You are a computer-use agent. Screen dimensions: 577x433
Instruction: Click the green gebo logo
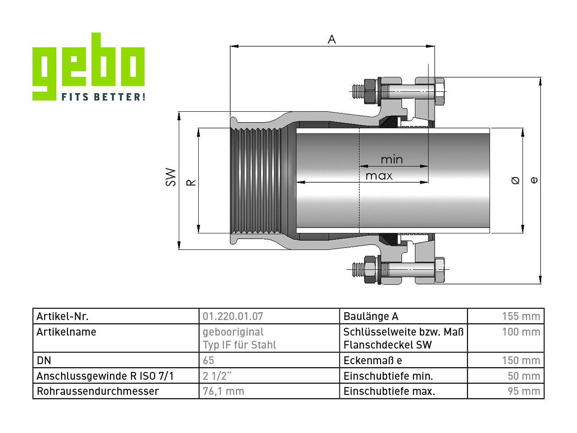click(88, 66)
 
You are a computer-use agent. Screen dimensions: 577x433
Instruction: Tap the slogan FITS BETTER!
click(103, 97)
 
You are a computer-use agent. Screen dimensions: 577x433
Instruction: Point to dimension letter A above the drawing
click(332, 39)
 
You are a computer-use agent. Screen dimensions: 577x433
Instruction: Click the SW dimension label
click(171, 177)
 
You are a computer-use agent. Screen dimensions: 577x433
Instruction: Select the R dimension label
click(191, 182)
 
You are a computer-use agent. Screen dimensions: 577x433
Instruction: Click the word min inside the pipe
click(392, 160)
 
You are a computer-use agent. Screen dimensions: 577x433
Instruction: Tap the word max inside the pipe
click(379, 176)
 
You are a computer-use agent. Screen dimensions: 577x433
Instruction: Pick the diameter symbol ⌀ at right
click(515, 181)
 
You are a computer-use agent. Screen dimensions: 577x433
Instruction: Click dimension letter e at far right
click(534, 180)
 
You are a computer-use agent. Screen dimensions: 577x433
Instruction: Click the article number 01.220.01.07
click(233, 316)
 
